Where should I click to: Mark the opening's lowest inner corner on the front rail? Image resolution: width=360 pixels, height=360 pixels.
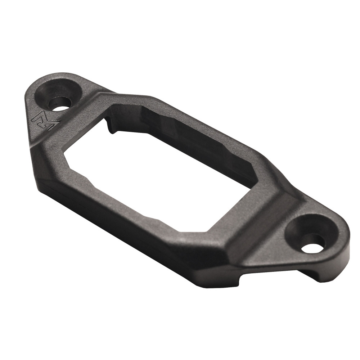(184, 230)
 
